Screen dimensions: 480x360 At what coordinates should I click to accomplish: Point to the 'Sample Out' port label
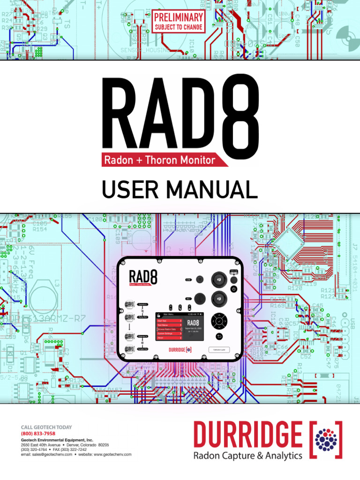[x=143, y=349]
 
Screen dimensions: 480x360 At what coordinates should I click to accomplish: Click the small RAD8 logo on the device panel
[x=143, y=277]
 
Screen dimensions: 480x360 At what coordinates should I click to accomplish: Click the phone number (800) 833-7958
[x=38, y=434]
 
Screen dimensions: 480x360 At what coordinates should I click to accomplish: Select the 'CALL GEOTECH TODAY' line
[x=46, y=427]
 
